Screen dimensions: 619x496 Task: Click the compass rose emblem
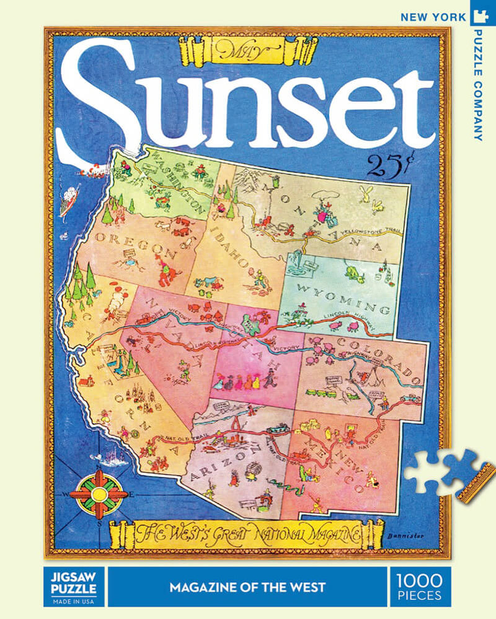pos(98,494)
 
